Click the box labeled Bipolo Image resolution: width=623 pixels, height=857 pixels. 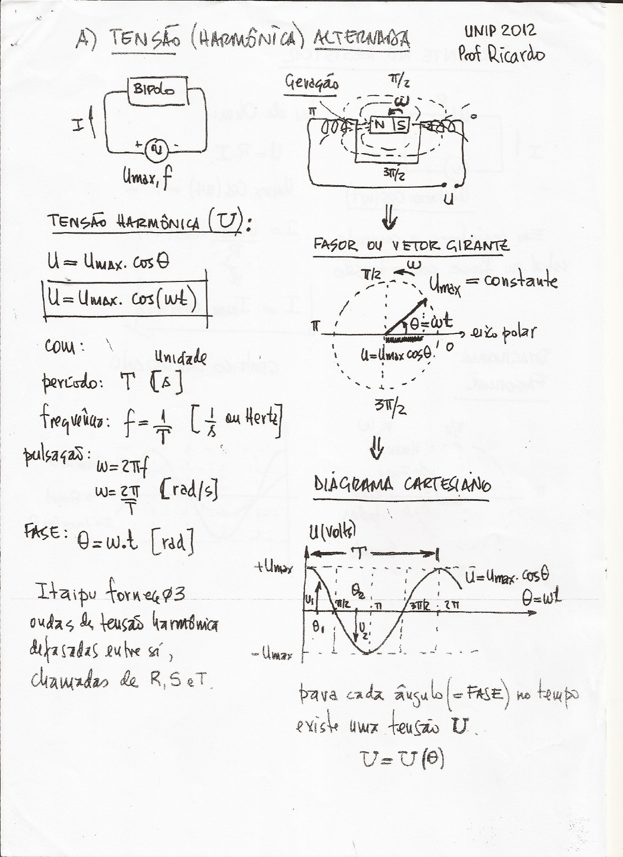154,90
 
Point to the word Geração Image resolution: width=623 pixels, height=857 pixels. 311,82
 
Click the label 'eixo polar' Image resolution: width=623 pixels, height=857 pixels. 504,333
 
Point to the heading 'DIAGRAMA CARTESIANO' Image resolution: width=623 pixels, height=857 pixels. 402,484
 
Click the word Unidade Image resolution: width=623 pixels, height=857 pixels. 181,359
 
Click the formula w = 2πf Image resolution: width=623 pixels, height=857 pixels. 121,467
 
